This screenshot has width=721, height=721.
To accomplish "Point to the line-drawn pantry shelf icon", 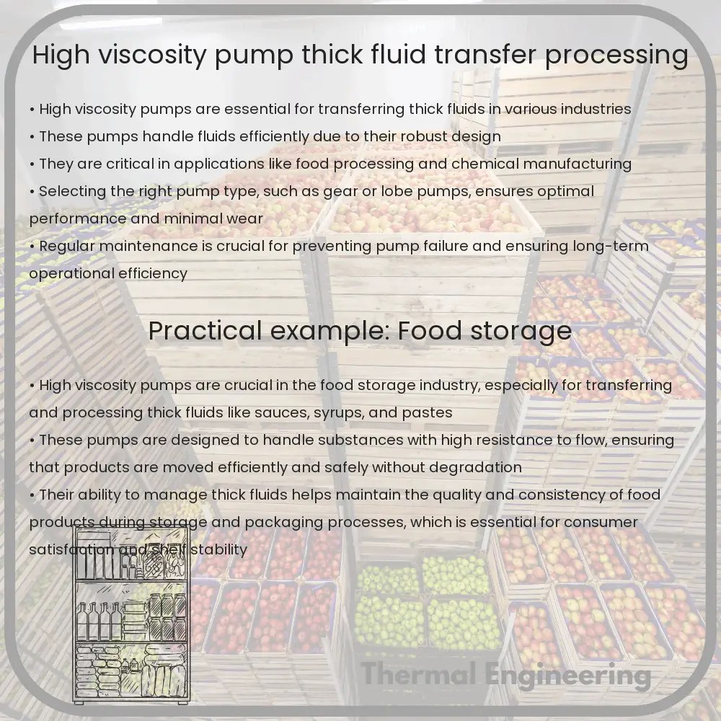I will coord(131,617).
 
